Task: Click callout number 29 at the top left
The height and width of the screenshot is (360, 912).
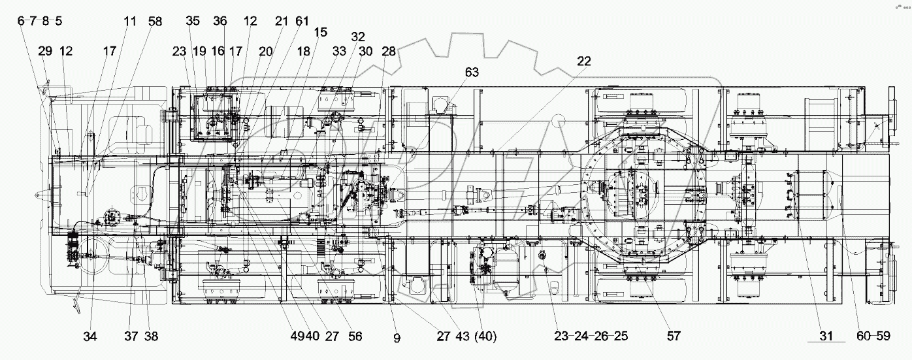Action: pos(45,52)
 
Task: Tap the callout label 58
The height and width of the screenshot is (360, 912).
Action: pos(155,21)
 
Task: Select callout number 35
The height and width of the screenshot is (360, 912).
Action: pos(192,21)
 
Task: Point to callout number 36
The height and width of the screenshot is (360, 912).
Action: pos(220,21)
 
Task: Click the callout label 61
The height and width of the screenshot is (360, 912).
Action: pos(301,21)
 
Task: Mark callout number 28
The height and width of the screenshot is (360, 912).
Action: pos(389,52)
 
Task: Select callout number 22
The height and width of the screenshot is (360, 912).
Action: pos(583,61)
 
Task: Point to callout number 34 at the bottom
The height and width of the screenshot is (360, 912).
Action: pos(90,336)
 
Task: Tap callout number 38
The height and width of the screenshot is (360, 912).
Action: pos(150,336)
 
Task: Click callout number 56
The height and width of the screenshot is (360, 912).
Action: pos(355,336)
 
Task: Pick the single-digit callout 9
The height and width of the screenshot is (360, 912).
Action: pos(397,338)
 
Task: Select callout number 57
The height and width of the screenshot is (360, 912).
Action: pos(674,336)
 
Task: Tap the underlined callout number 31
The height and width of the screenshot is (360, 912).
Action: pos(826,336)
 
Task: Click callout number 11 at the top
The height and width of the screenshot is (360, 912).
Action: pos(130,21)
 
